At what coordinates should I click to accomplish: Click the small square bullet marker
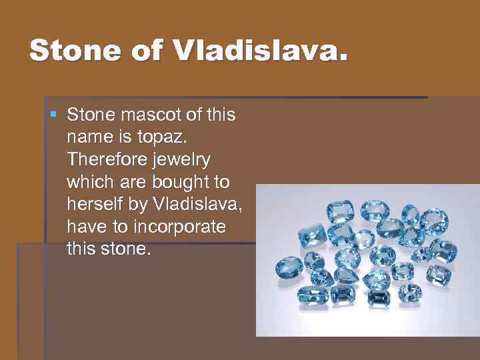(x=54, y=115)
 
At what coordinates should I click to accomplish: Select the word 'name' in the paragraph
(x=87, y=138)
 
